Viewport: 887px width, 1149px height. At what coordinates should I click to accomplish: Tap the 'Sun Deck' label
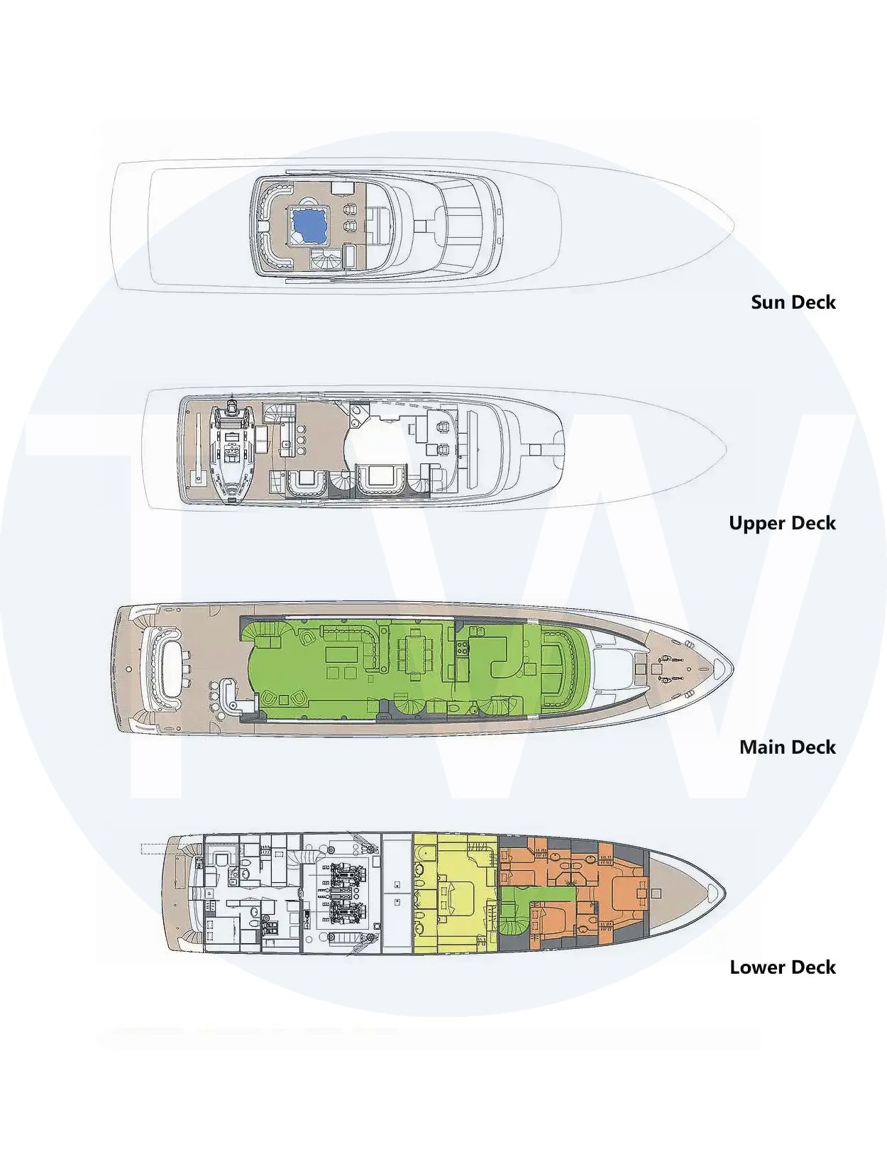pos(793,302)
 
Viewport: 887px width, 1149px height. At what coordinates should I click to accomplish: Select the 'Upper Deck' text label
pos(783,523)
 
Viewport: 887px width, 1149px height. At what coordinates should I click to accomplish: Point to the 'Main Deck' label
pos(788,747)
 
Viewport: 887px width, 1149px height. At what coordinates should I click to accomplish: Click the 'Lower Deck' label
pos(783,967)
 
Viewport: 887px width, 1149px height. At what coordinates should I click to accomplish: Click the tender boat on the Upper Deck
pos(231,451)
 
